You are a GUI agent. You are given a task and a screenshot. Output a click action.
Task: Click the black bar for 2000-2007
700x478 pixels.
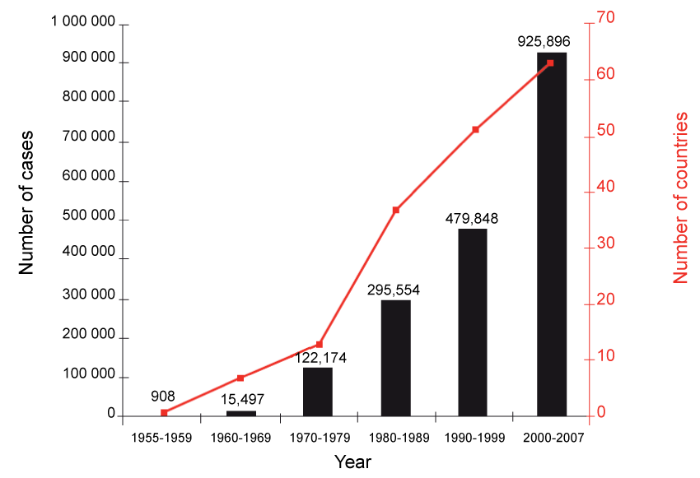tap(551, 234)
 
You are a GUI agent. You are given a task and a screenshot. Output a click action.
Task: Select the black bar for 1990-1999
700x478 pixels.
tap(473, 322)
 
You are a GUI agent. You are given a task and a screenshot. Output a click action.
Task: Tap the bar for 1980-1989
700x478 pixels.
tap(395, 358)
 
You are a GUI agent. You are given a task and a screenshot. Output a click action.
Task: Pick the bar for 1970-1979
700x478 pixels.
tap(318, 392)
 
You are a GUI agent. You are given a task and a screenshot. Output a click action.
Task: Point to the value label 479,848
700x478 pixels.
tap(473, 218)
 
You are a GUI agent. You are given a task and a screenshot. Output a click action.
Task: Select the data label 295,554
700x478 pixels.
tap(394, 290)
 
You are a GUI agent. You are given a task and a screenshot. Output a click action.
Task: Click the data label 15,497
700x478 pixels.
tap(241, 398)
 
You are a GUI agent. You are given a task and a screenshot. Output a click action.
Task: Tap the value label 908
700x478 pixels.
tap(163, 396)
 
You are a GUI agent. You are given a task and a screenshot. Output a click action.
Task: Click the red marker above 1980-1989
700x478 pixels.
tap(395, 211)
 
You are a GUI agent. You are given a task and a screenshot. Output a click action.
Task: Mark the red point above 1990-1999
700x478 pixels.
tap(475, 130)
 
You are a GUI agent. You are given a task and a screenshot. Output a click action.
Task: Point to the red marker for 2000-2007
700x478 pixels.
tap(550, 63)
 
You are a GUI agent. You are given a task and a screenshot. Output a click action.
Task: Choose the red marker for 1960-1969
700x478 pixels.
tap(240, 378)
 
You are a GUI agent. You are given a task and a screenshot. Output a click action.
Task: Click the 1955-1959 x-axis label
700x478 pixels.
tap(161, 438)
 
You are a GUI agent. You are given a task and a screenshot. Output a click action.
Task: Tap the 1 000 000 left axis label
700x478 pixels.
tap(82, 23)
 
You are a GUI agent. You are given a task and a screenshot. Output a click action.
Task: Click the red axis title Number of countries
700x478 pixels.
tap(681, 198)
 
